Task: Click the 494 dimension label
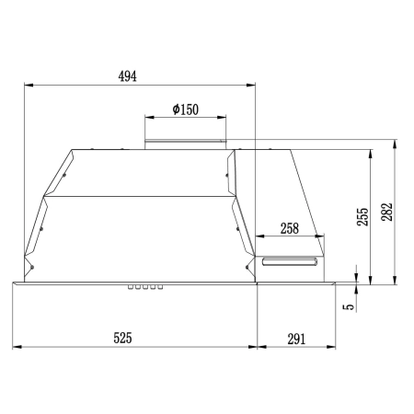[128, 76]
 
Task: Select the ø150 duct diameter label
[186, 109]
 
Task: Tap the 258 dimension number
[290, 228]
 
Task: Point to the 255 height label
[362, 217]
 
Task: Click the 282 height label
[387, 212]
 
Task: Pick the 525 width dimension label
[122, 338]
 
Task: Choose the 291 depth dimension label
[296, 339]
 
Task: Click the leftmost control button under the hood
[131, 287]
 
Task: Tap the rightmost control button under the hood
[160, 287]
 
